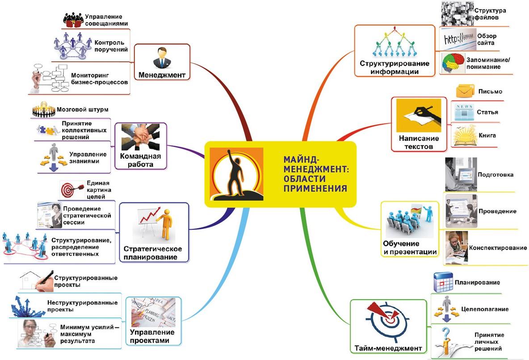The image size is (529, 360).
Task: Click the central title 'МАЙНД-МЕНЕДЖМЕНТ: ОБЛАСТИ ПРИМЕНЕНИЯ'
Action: click(x=315, y=174)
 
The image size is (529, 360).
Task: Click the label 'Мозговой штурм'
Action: click(x=83, y=110)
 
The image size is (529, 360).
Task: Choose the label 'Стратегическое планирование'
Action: click(x=153, y=253)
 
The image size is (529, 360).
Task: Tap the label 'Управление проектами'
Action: click(x=150, y=336)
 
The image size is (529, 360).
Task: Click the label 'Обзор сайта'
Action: click(x=487, y=39)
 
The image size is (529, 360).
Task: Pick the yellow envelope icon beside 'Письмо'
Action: click(x=465, y=92)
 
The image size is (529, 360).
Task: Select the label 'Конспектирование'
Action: click(x=497, y=248)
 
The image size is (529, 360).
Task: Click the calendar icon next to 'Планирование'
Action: click(x=443, y=283)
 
